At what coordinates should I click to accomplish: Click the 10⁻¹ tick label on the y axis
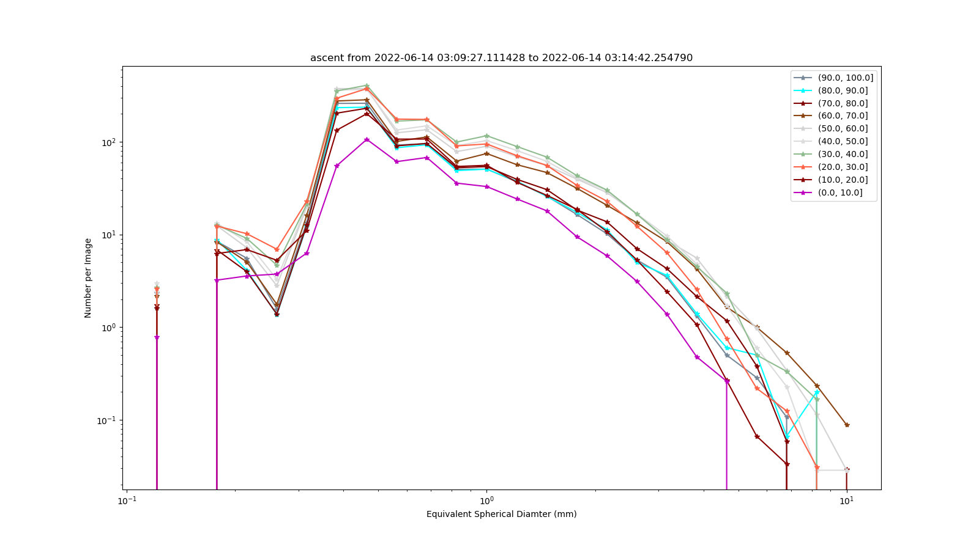[x=108, y=420]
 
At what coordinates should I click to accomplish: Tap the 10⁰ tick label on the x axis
[x=486, y=501]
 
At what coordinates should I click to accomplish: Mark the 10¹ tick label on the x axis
[x=847, y=501]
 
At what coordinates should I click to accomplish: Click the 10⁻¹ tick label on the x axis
[x=127, y=501]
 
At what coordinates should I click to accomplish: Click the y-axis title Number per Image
[x=88, y=278]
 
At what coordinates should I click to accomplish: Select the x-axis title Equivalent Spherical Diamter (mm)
[x=501, y=514]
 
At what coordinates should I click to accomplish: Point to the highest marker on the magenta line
[x=367, y=140]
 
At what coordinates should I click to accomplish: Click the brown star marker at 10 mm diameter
[x=847, y=425]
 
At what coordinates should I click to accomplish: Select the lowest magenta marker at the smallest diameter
[x=157, y=337]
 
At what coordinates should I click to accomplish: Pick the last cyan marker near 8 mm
[x=816, y=392]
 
